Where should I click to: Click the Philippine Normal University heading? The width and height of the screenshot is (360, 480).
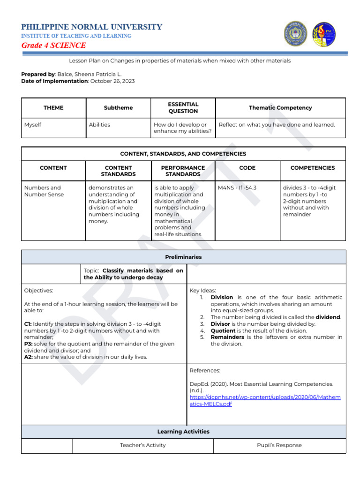(x=92, y=27)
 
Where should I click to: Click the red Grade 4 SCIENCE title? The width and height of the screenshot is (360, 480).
(x=53, y=45)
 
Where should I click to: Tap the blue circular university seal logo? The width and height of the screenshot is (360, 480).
(x=294, y=34)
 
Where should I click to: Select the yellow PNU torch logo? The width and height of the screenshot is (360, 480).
(x=324, y=34)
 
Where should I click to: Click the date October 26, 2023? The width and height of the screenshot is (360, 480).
(x=112, y=81)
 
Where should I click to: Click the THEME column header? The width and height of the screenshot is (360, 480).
(x=53, y=108)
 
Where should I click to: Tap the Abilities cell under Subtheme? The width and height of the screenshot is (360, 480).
(x=99, y=125)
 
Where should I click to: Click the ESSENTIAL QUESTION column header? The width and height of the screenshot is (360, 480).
(x=183, y=108)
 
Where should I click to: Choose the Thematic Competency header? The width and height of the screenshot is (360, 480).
(x=280, y=108)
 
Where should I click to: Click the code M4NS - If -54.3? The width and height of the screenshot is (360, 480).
(x=237, y=187)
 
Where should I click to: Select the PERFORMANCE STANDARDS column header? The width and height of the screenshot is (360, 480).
(x=183, y=171)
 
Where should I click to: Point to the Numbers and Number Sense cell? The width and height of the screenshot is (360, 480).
(x=43, y=191)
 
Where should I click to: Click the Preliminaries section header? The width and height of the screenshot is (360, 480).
(x=183, y=257)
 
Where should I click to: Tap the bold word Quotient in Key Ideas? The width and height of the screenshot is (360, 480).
(x=224, y=330)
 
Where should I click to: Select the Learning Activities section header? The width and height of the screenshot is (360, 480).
(x=183, y=432)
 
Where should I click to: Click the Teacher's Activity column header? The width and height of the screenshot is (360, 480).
(x=142, y=445)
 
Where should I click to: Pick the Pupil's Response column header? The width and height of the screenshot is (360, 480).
(x=279, y=445)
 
